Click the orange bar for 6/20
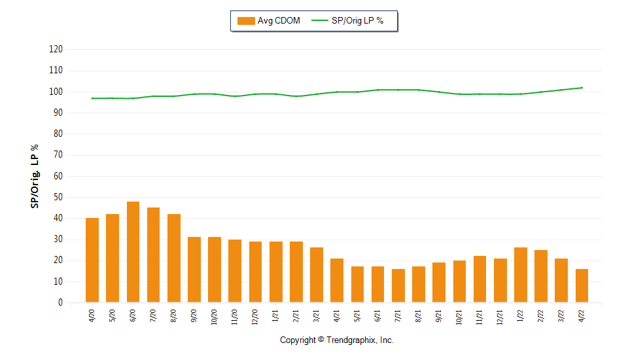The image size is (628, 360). point(133,252)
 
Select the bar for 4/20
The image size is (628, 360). point(92,261)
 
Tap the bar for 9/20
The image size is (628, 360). point(194,270)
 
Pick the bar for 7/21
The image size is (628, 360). point(398,285)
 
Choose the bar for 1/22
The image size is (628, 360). point(521,275)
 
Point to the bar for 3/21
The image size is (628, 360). point(317,275)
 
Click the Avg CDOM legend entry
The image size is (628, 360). point(269,21)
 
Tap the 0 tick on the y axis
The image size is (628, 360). point(60,303)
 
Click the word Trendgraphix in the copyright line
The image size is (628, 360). point(352,340)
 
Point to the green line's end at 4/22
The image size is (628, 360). point(582,88)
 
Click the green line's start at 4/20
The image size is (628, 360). point(92,98)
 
